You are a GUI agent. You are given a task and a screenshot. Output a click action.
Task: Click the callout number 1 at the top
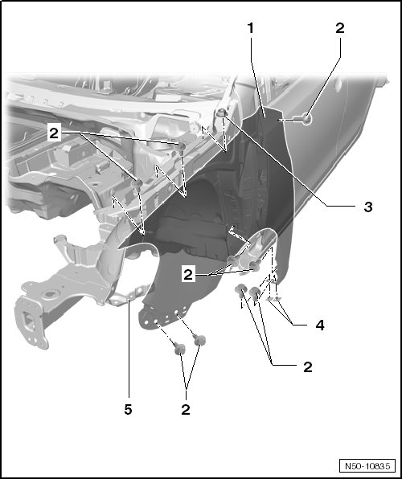tap(251, 28)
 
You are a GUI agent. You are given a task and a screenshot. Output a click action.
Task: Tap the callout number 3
tap(368, 207)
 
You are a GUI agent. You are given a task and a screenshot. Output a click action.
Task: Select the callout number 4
tap(320, 325)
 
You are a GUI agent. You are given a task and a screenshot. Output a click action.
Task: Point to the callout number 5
tap(128, 409)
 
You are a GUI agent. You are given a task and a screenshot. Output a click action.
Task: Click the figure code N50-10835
tap(367, 466)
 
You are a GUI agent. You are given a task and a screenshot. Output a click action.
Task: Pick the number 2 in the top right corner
tap(340, 28)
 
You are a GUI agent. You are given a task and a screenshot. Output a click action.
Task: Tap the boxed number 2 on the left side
tap(54, 133)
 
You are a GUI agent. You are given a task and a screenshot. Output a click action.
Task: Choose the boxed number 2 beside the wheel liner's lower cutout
tap(188, 274)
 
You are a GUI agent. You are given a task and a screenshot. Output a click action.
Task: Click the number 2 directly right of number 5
tap(186, 409)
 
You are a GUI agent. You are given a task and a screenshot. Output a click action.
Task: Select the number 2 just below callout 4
tap(308, 366)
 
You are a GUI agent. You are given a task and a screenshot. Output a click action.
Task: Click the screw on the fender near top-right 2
tap(305, 118)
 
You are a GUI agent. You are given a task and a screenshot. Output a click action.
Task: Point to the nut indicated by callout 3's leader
tap(220, 113)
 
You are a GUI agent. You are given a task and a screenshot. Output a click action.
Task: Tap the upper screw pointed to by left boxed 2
tap(180, 147)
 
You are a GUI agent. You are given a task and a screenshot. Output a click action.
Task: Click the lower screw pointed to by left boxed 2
tap(137, 185)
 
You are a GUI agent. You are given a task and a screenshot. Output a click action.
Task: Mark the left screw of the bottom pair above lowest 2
tap(180, 348)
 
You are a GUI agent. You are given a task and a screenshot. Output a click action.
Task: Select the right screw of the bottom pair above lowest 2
tap(200, 340)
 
